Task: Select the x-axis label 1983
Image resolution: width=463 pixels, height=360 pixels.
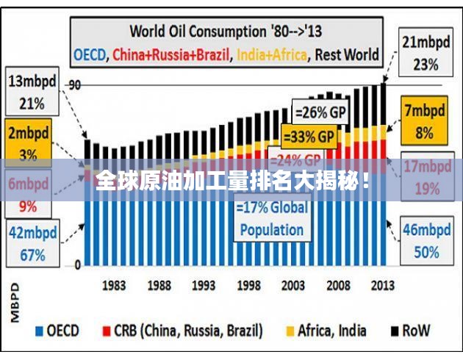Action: [113, 284]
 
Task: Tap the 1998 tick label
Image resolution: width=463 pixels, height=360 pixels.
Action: [248, 284]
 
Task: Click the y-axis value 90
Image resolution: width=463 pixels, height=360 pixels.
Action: [74, 85]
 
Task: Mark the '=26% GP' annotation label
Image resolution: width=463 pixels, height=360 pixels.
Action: [320, 112]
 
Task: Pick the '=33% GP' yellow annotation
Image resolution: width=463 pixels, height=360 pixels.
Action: [309, 137]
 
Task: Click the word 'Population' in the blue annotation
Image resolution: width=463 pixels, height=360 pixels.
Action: [271, 228]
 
